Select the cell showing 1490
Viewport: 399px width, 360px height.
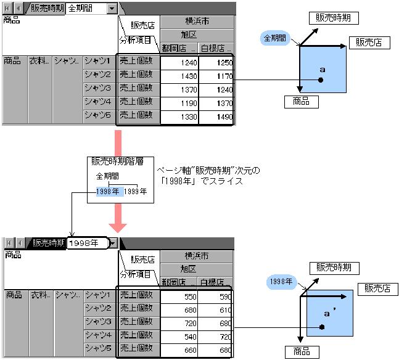[x=216, y=117]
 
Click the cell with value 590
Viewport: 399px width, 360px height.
[x=216, y=297]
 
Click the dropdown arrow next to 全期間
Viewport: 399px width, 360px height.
[x=111, y=9]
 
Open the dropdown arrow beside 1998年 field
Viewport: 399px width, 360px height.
[x=112, y=243]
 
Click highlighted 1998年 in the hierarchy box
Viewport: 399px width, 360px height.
[x=109, y=192]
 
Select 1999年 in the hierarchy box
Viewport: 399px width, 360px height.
[x=136, y=192]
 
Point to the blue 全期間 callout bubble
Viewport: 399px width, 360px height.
[x=275, y=38]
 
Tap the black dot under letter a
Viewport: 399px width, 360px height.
[x=321, y=80]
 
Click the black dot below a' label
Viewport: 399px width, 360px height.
[x=322, y=327]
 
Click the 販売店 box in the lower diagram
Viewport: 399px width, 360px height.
[x=376, y=288]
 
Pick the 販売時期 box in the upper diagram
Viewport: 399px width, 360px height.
[x=333, y=18]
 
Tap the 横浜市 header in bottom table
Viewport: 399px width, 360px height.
[x=197, y=256]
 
